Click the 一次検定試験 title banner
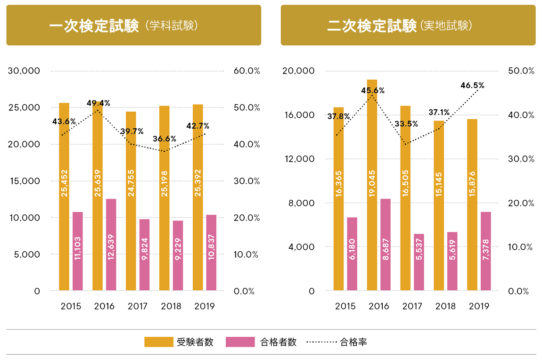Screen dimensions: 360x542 point(133,25)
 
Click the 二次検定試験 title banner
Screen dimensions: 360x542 point(408,25)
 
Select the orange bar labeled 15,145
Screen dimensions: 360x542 point(439,205)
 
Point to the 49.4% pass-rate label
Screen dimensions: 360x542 point(98,103)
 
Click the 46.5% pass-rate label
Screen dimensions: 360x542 point(472,85)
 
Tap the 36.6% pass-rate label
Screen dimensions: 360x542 point(164,139)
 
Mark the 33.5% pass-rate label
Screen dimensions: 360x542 point(406,123)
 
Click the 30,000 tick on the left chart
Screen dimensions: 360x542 point(23,71)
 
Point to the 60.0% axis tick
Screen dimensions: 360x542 point(246,71)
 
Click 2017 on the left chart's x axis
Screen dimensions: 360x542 point(138,306)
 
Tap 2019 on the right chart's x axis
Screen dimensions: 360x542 point(479,306)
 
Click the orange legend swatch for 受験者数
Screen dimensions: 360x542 point(158,342)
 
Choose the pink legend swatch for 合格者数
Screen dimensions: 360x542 point(240,342)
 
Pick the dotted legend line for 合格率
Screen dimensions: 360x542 point(321,342)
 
